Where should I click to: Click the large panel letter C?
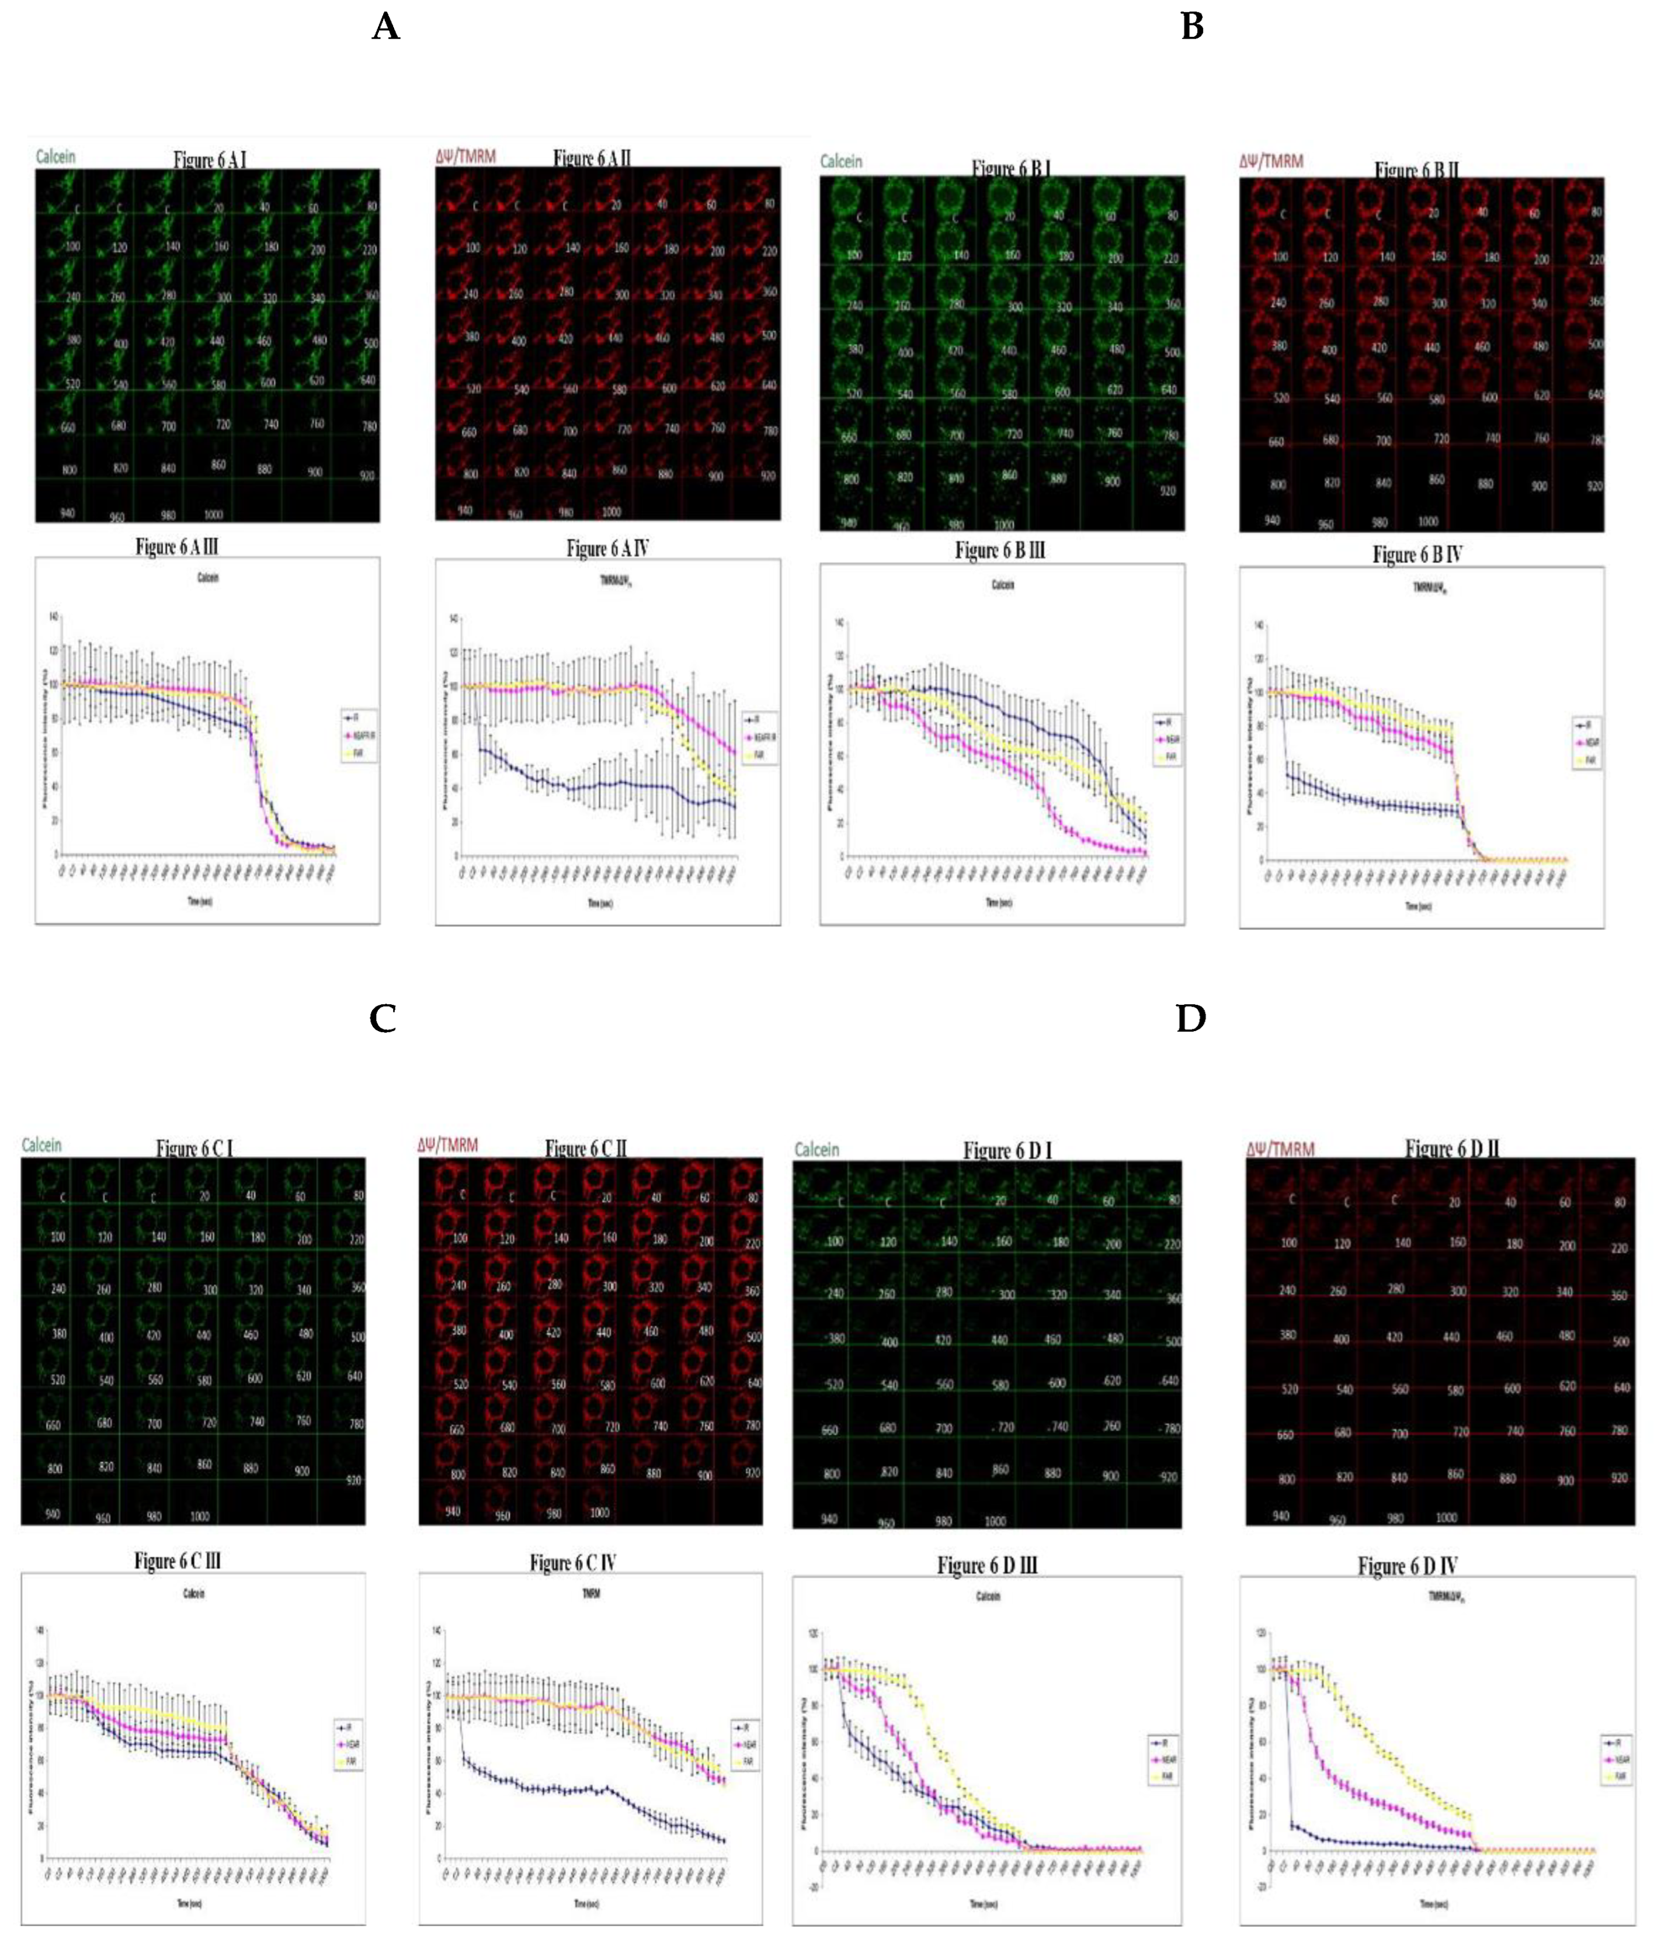click(x=383, y=1018)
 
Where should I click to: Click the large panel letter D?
click(x=1191, y=1018)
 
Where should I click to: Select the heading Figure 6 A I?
click(x=210, y=159)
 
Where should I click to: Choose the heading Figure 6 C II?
click(x=586, y=1149)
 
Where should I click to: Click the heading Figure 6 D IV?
click(x=1408, y=1566)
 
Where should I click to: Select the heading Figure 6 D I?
click(x=1007, y=1151)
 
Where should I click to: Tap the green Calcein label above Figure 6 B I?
click(x=841, y=161)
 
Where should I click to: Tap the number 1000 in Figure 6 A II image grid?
click(x=611, y=512)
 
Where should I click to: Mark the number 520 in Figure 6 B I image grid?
click(x=854, y=393)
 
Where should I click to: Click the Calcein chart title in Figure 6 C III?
click(x=193, y=1593)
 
